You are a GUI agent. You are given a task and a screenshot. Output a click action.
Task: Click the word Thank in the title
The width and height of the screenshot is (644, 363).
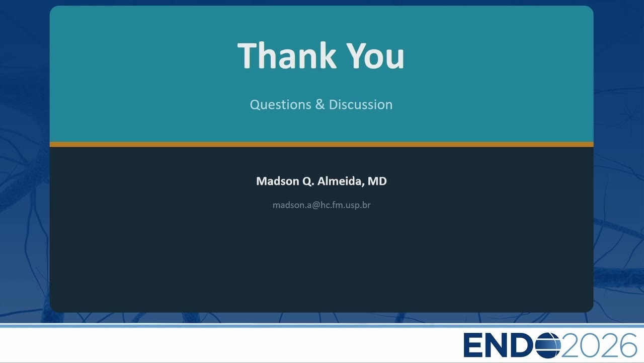coord(287,55)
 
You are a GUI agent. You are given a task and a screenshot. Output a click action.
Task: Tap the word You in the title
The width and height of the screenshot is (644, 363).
coord(375,55)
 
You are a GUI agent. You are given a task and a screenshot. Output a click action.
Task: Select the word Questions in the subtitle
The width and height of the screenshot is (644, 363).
coord(281,105)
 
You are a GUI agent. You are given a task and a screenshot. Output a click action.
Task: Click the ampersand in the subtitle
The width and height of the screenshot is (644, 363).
coord(320,104)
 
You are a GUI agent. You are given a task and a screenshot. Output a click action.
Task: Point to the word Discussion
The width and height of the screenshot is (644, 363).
coord(361,104)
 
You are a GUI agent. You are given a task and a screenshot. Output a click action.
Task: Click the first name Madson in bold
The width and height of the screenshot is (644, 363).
coord(277,181)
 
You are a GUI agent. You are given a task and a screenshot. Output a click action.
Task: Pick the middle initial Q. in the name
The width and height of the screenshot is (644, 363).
coord(308,181)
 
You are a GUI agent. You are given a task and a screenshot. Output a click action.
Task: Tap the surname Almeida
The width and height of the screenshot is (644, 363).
coord(341,181)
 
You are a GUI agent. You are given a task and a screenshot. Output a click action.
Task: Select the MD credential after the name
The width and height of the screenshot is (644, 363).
coord(377,181)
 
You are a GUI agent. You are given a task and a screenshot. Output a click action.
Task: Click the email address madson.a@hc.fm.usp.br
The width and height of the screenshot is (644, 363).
coord(321,205)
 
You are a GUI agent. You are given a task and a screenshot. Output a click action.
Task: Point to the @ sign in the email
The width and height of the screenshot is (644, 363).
coord(315,205)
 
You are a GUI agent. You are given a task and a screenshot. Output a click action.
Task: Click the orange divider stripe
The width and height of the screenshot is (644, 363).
coord(321,144)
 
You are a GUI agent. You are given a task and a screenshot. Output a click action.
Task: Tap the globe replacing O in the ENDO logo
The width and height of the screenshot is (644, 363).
coord(548,345)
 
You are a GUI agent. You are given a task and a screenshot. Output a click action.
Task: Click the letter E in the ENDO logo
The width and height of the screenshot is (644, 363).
coord(473,345)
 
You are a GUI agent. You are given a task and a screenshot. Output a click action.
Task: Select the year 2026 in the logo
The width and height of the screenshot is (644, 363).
coord(599,345)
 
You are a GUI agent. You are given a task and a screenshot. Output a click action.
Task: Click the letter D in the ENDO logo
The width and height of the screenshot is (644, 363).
coord(524,345)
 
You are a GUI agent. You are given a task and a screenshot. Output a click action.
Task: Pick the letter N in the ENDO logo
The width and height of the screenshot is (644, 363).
coord(498,345)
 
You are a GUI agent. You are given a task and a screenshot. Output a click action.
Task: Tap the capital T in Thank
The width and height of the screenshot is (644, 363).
coord(247,55)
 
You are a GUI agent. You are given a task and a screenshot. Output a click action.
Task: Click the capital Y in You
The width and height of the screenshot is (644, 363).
coord(356,55)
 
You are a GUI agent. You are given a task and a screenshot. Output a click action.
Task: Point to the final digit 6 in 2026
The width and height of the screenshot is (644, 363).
coord(628,345)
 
